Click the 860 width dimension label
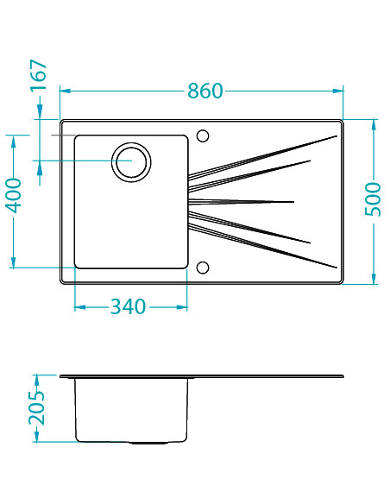(205, 91)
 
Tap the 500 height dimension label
(373, 199)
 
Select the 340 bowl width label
(128, 306)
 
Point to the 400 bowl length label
(14, 196)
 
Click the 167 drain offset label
(39, 76)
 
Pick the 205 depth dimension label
(37, 408)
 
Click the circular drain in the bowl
(131, 162)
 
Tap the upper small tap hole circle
(203, 135)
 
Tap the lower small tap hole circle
(203, 268)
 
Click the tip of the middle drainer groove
(294, 202)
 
